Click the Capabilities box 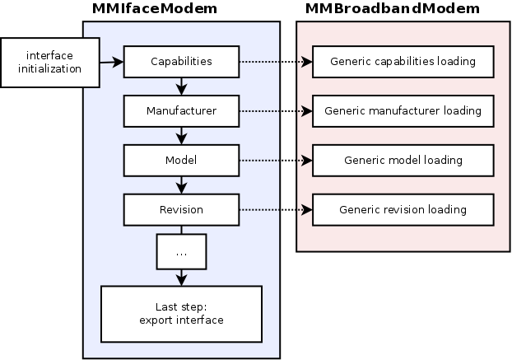click(x=181, y=61)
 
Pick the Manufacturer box click(x=181, y=110)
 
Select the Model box click(x=181, y=160)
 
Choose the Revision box click(x=181, y=209)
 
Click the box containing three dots click(x=181, y=254)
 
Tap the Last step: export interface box click(x=181, y=314)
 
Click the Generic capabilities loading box click(x=403, y=61)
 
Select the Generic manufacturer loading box click(x=403, y=110)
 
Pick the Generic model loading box click(x=403, y=160)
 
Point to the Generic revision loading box click(x=403, y=209)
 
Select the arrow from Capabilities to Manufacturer click(x=181, y=85)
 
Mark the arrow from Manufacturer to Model click(x=181, y=134)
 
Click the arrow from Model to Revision click(x=181, y=184)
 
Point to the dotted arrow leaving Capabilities click(x=275, y=61)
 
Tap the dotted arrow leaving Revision click(x=275, y=209)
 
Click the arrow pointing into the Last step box click(x=181, y=279)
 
